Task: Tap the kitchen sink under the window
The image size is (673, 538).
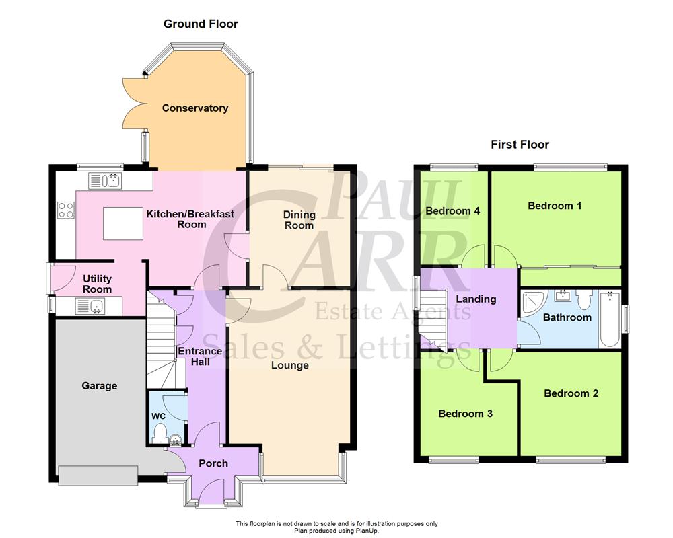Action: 104,180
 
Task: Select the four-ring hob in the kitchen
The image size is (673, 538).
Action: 66,210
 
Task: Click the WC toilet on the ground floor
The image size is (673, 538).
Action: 159,437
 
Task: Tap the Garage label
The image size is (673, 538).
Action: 100,386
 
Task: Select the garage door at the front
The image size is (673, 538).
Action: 98,475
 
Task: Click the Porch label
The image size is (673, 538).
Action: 213,463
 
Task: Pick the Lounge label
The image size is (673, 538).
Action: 290,366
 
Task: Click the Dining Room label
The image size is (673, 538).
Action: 299,220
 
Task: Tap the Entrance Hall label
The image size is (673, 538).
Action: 200,356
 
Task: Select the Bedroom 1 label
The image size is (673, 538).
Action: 555,206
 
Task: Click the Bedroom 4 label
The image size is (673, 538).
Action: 453,211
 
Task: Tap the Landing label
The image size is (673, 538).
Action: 476,299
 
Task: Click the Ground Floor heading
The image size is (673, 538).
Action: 201,24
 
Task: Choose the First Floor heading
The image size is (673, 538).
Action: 520,145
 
